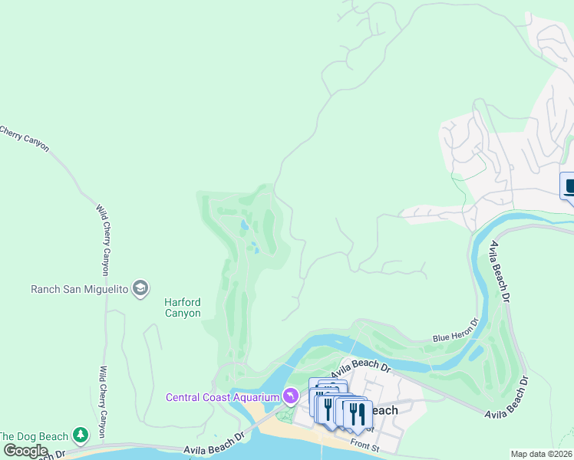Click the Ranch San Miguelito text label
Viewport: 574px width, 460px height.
click(x=80, y=289)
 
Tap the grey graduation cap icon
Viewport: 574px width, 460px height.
click(x=140, y=288)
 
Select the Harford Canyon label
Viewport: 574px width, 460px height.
click(x=183, y=307)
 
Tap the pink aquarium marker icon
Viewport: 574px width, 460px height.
click(x=290, y=396)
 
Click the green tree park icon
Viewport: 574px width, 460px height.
click(x=81, y=435)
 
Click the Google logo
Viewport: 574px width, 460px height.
click(x=25, y=451)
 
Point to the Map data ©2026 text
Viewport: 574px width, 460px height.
click(x=542, y=454)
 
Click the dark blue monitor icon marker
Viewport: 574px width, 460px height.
click(x=569, y=186)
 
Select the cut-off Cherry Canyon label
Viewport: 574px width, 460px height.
click(x=23, y=137)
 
